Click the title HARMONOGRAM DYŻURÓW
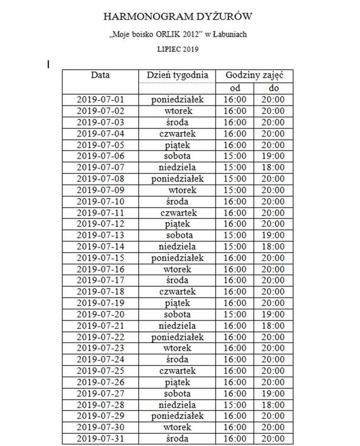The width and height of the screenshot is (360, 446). click(178, 17)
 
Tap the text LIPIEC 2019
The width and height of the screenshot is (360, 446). click(178, 49)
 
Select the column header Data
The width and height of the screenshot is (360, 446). click(100, 75)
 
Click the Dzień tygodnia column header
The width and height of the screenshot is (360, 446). click(177, 75)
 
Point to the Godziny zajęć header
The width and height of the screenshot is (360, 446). click(254, 75)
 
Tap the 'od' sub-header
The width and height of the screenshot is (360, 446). click(235, 88)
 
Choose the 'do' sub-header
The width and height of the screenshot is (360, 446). click(273, 88)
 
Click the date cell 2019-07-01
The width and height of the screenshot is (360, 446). click(101, 100)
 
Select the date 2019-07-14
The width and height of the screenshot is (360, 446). click(101, 247)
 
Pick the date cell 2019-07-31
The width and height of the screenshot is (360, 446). click(101, 439)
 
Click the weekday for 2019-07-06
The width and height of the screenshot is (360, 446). click(177, 156)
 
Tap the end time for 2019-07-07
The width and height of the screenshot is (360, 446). click(273, 167)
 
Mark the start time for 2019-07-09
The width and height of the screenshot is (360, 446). click(235, 190)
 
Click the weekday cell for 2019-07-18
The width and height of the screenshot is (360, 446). click(177, 292)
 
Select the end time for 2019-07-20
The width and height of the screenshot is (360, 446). click(273, 314)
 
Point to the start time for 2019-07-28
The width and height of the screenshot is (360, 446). click(235, 405)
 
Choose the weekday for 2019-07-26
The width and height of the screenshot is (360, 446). click(177, 382)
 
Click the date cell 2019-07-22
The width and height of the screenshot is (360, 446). click(101, 337)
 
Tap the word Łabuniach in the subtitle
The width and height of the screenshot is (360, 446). click(229, 34)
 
